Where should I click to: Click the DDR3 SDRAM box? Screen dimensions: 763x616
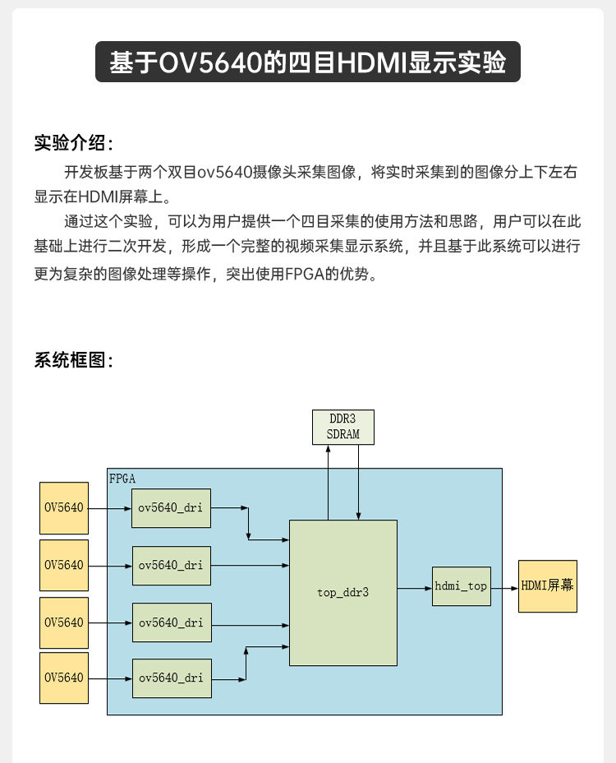pos(342,427)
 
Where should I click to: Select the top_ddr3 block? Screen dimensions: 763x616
pos(343,592)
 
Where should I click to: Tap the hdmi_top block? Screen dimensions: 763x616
pos(461,586)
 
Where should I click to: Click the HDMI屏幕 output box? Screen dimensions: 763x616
pos(547,586)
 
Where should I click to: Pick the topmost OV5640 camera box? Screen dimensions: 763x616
pos(64,507)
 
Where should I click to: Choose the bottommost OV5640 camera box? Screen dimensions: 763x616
pos(64,677)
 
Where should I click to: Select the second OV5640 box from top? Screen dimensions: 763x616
pos(64,565)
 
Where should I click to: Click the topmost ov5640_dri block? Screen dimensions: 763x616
pos(171,507)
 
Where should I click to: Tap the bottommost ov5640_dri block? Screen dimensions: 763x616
pos(171,677)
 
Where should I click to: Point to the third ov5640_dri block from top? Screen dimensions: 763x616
pos(171,622)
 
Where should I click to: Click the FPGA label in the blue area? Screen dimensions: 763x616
pos(122,477)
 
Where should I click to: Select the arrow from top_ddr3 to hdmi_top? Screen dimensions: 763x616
pos(415,588)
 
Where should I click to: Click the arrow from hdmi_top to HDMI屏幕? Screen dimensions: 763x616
pos(504,587)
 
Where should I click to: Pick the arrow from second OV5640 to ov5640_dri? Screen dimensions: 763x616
pos(110,566)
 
